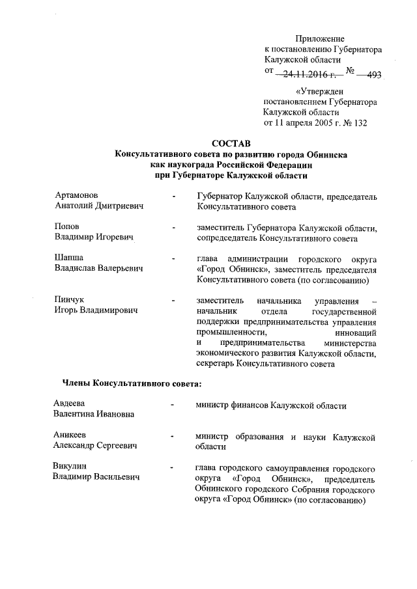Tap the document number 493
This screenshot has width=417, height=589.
coord(374,75)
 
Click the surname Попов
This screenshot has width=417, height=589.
coord(68,226)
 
